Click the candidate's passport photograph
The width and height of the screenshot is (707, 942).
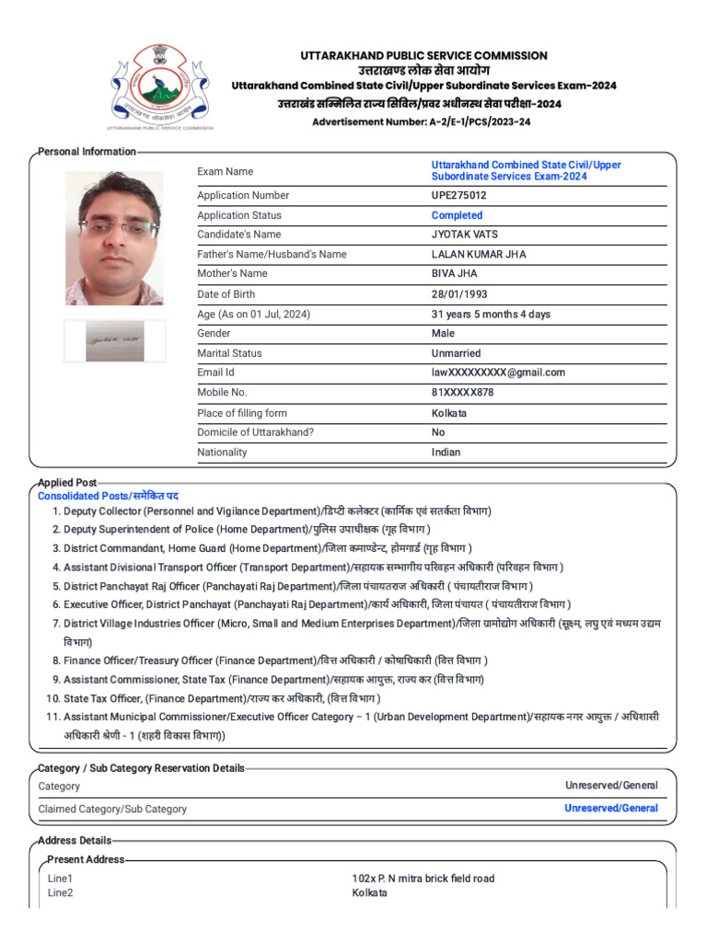[114, 237]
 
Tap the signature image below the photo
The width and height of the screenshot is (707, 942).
[114, 341]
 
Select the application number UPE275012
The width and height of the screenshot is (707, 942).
[459, 195]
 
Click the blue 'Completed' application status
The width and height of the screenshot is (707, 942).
[457, 215]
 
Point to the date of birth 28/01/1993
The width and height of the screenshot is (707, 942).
[459, 294]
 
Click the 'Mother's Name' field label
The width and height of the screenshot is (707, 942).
[232, 273]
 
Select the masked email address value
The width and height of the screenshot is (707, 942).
[498, 373]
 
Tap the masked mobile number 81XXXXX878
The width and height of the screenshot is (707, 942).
[462, 392]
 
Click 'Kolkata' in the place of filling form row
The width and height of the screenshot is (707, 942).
[449, 413]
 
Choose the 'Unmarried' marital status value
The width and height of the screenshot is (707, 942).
[456, 353]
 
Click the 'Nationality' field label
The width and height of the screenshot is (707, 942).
[222, 452]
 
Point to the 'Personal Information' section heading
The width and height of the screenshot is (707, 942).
[87, 152]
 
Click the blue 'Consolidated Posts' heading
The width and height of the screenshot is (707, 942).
[108, 496]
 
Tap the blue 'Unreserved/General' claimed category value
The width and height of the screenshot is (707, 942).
[610, 808]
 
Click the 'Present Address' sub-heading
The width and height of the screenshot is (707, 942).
[86, 859]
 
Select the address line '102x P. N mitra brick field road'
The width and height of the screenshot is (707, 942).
[423, 879]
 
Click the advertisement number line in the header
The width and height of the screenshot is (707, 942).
[421, 121]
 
